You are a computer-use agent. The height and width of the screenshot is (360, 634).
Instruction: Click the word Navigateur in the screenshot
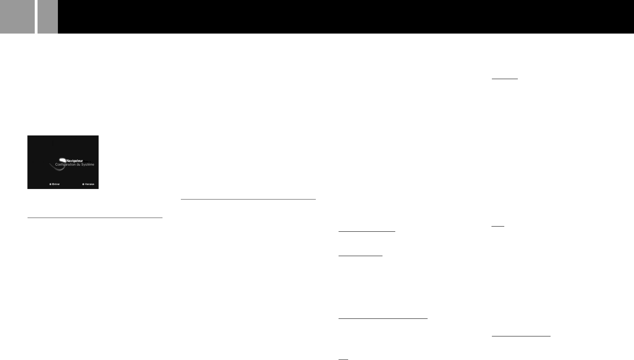coord(75,161)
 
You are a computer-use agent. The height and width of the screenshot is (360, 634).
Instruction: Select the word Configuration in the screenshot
coord(65,165)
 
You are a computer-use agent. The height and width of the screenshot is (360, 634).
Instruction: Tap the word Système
coord(88,165)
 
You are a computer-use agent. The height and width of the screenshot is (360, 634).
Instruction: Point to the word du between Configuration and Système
coord(78,165)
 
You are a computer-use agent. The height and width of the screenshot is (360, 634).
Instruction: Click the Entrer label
coord(56,184)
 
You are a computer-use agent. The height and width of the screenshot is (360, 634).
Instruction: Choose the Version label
coord(90,184)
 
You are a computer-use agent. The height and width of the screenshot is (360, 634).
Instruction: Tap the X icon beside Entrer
coord(50,184)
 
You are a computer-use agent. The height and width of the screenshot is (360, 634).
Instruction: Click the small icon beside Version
coord(83,184)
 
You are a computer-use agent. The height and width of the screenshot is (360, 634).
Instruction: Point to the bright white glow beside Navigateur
coord(62,160)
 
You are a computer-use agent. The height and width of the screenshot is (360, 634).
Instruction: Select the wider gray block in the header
coord(17,17)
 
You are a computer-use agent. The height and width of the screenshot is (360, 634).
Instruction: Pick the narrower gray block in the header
coord(48,17)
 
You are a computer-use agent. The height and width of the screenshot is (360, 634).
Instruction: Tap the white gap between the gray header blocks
coord(36,17)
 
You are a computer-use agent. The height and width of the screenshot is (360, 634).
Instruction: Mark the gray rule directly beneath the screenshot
coord(95,218)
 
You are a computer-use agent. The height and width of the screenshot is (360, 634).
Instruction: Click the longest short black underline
coord(383,318)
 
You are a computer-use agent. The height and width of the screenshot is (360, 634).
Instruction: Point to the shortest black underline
coord(343,359)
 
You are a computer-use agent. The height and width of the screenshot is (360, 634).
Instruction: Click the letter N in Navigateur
coord(67,161)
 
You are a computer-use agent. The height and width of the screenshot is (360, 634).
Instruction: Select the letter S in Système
coord(82,165)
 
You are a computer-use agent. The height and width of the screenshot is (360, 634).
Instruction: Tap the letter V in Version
coord(86,184)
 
